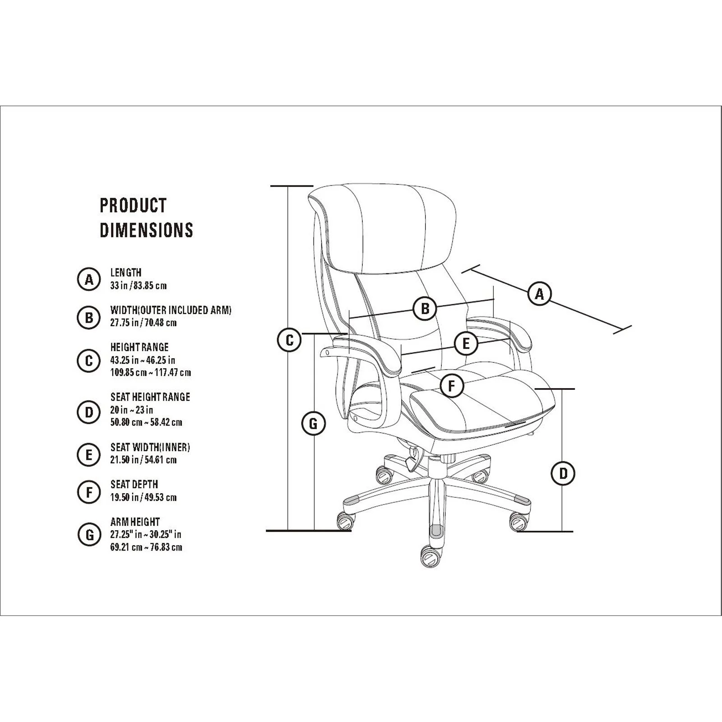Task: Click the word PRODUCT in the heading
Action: click(x=133, y=205)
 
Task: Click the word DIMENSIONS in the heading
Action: click(x=146, y=230)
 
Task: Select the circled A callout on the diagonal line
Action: click(x=540, y=294)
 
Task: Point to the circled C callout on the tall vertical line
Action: click(x=289, y=340)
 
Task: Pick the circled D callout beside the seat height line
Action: click(x=563, y=473)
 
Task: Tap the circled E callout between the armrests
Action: click(x=466, y=344)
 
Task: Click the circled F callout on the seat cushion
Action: click(x=452, y=386)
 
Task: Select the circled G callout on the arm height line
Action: click(x=313, y=424)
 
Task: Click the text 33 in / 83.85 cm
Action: click(x=139, y=286)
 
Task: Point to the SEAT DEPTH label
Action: click(x=134, y=484)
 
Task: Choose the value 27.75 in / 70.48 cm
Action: click(x=143, y=323)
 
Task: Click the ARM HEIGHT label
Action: click(x=135, y=522)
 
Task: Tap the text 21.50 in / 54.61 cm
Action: click(x=143, y=460)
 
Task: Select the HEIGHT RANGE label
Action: click(x=139, y=347)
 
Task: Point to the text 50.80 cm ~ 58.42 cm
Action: click(x=146, y=422)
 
